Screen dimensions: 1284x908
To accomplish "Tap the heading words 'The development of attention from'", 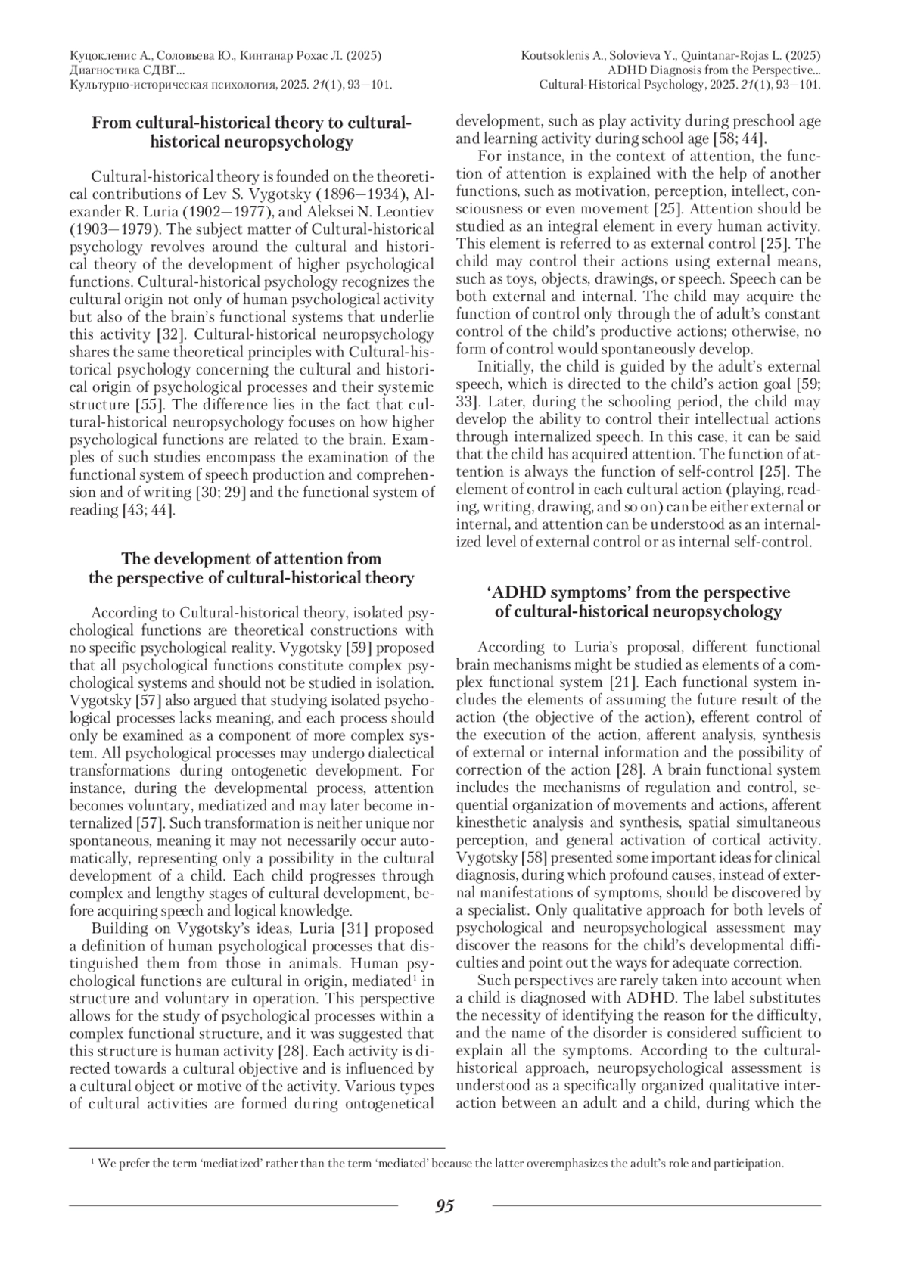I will coord(251,559).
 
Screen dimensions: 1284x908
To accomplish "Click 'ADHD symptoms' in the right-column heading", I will coord(551,592).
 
